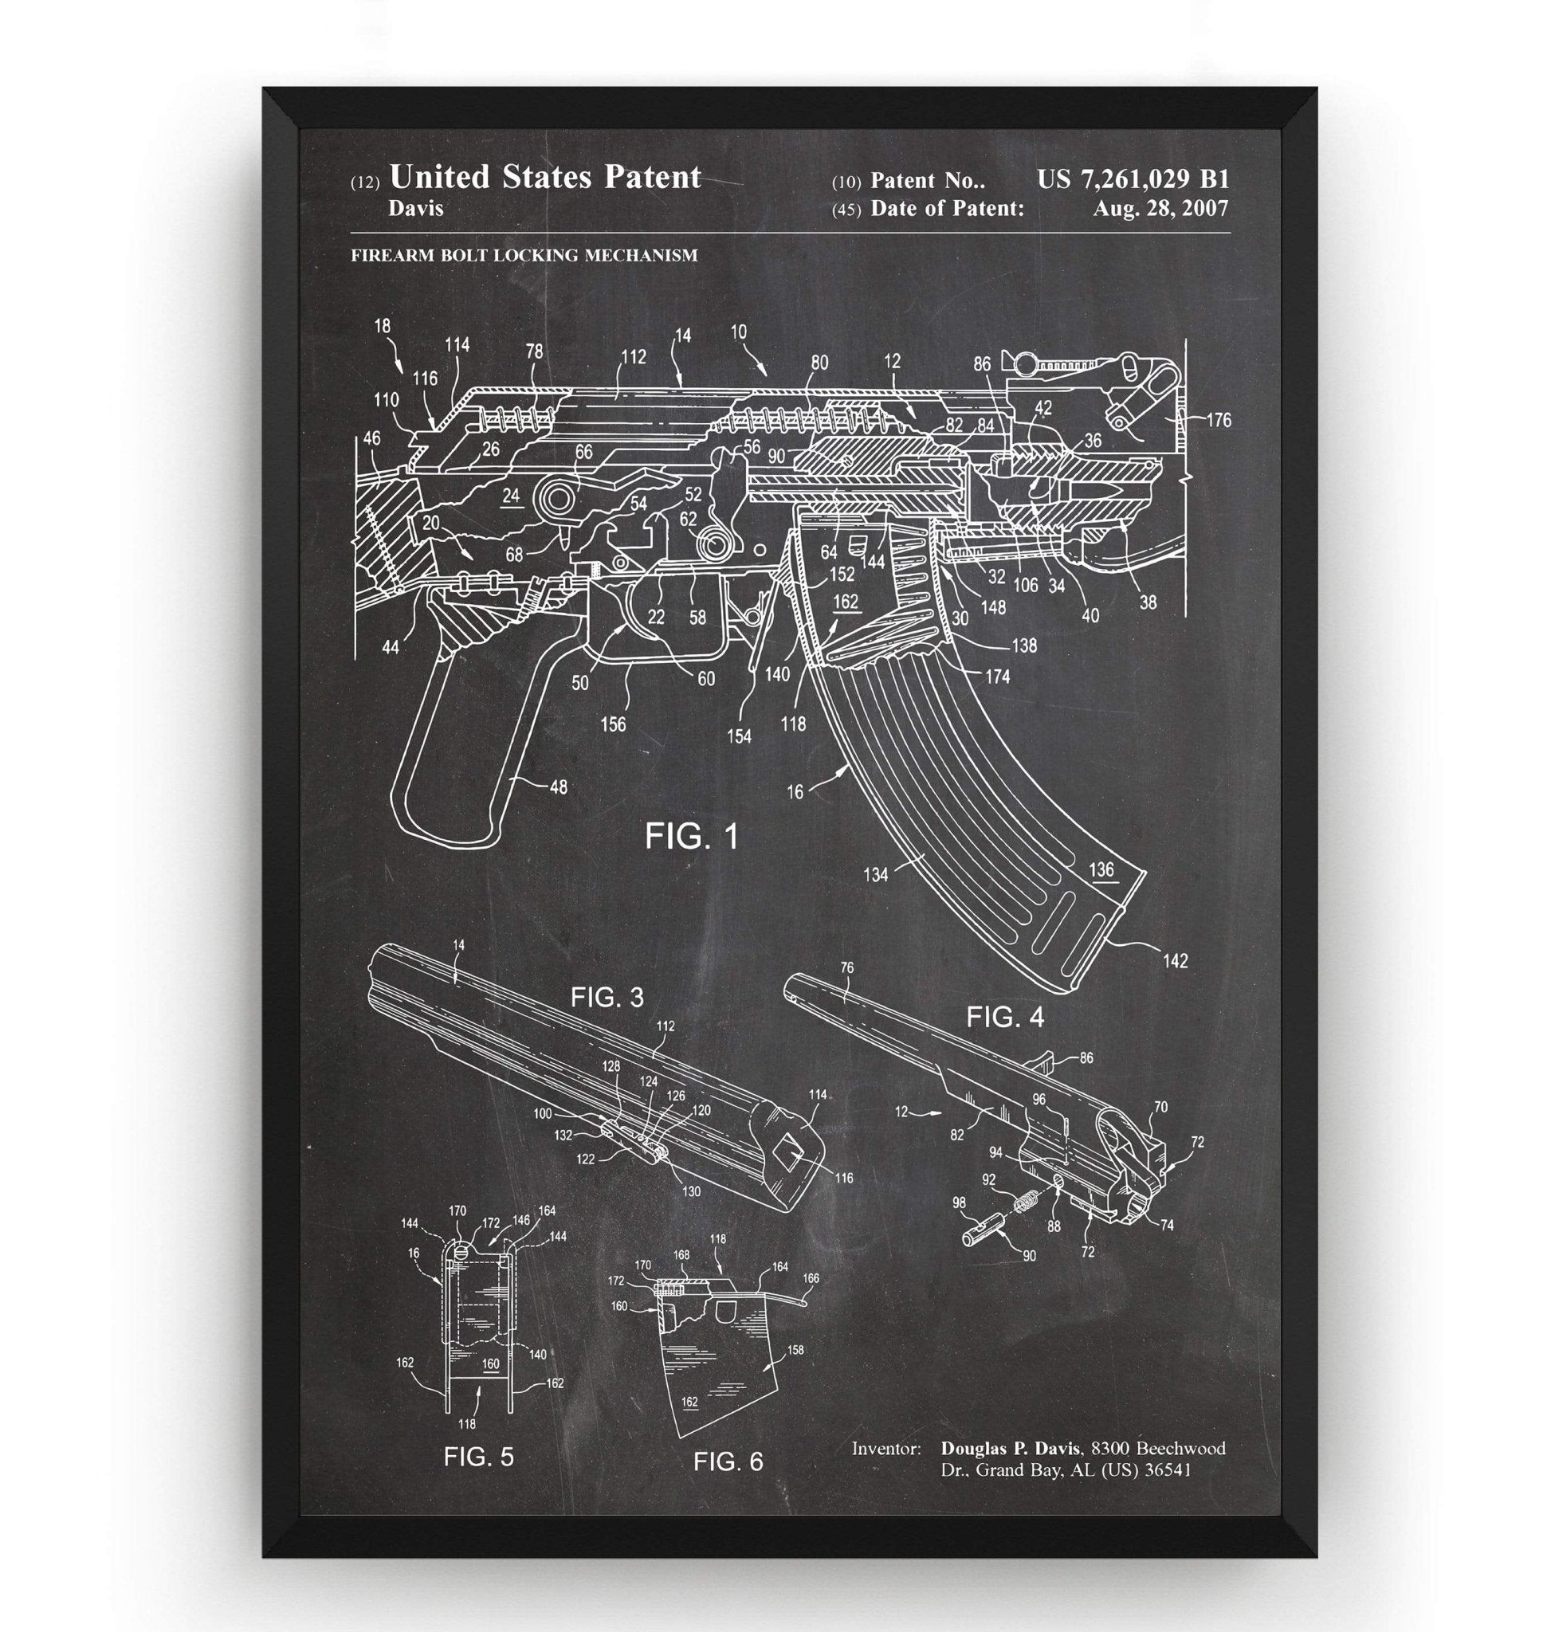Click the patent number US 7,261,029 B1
coord(1133,179)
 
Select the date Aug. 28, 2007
coord(1160,209)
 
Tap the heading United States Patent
coord(544,176)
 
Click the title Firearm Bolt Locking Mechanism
coord(524,256)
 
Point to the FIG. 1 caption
coord(692,836)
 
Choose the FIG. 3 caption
coord(607,998)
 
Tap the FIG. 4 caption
coord(1005,1018)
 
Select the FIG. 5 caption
coord(478,1457)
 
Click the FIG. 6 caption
coord(728,1462)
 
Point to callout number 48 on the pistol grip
coord(558,787)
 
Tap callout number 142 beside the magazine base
coord(1175,960)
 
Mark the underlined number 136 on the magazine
coord(1101,869)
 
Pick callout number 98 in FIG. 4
coord(958,1203)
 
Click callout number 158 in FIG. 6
coord(795,1350)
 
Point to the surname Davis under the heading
coord(415,209)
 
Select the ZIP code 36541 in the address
coord(1168,1469)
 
